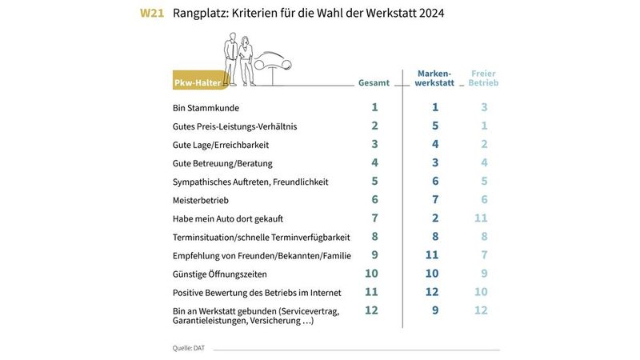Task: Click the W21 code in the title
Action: [x=152, y=14]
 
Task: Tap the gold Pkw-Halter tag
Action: [x=198, y=83]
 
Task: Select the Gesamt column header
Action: [x=374, y=82]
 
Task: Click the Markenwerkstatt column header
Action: [x=435, y=78]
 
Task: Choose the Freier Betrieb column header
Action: [x=483, y=78]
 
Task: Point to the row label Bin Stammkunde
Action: [x=206, y=108]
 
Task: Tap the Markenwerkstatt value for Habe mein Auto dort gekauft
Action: [x=435, y=218]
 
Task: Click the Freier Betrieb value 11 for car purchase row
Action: [x=480, y=218]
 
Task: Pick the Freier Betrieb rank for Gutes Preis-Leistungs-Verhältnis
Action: [x=484, y=126]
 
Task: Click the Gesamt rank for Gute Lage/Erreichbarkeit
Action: [x=374, y=144]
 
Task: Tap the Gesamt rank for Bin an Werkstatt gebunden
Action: [x=371, y=310]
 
